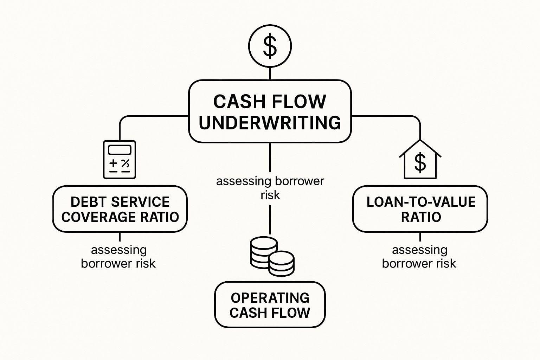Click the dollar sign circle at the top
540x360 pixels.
(270, 46)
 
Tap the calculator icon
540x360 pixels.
(120, 160)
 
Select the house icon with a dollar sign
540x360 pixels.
(420, 160)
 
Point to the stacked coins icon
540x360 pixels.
(272, 256)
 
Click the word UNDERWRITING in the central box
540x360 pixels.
(270, 123)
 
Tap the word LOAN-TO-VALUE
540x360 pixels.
(421, 202)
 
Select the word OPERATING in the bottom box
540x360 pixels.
(270, 298)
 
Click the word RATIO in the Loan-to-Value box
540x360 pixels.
(421, 217)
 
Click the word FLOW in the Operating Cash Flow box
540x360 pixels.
(292, 313)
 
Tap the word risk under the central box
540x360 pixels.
(270, 195)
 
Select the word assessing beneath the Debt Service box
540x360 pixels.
(119, 250)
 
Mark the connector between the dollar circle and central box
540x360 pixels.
(270, 73)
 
